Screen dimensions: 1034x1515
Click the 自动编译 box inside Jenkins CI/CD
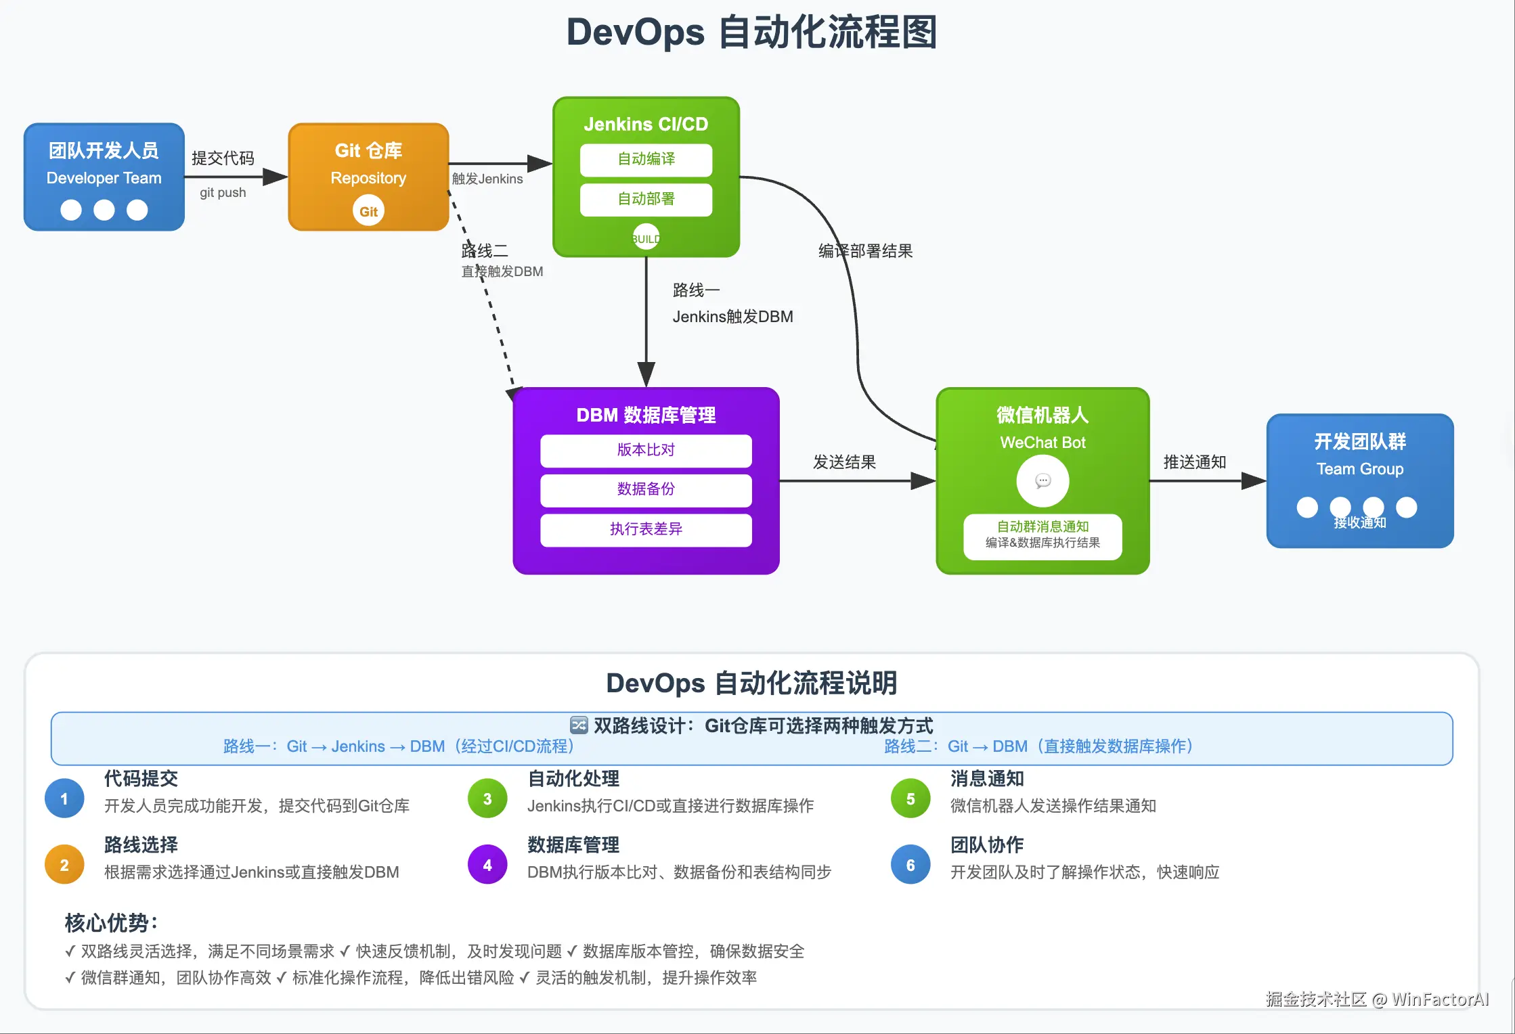(x=646, y=160)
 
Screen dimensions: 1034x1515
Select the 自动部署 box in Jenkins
(x=646, y=200)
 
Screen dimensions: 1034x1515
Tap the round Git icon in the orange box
(x=368, y=211)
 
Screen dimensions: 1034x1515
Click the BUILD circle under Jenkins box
(x=646, y=238)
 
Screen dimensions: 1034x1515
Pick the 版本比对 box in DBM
(x=646, y=451)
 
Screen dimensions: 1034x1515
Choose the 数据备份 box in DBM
(x=646, y=490)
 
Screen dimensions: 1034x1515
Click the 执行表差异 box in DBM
(x=646, y=530)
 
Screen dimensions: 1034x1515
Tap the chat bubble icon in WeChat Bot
(x=1042, y=481)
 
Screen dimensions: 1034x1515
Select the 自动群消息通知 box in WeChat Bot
(x=1042, y=535)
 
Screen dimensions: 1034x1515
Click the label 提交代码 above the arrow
(x=223, y=158)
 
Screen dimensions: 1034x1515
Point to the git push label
(x=223, y=193)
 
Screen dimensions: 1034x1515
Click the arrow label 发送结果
(x=844, y=462)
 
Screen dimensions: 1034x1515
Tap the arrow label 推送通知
(x=1194, y=462)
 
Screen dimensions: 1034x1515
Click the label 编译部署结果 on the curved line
(x=865, y=252)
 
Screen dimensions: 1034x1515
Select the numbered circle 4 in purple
(x=487, y=865)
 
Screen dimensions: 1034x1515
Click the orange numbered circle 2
(x=64, y=865)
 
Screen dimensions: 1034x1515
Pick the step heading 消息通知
(x=987, y=779)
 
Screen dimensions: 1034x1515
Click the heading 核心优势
(x=111, y=923)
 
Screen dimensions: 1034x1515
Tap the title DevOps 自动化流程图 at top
(x=751, y=32)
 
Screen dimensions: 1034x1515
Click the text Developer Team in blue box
(x=104, y=179)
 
